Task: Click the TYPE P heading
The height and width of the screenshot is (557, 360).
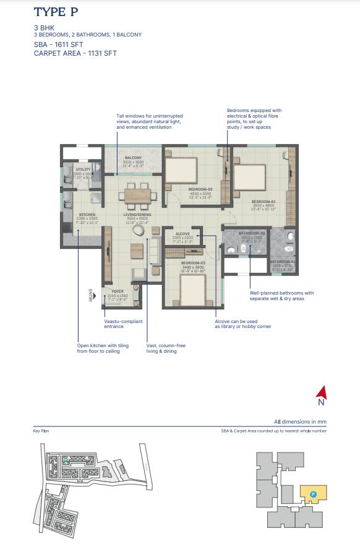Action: [56, 12]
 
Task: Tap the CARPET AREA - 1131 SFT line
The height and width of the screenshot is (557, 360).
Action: [75, 53]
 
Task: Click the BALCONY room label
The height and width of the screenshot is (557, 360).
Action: [134, 158]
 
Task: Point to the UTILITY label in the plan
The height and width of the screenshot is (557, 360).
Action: [84, 169]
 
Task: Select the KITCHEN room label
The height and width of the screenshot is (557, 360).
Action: [87, 215]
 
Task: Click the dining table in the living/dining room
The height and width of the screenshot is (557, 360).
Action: [137, 195]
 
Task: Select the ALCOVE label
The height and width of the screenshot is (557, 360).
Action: [182, 234]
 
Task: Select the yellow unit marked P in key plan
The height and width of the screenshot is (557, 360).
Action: [314, 493]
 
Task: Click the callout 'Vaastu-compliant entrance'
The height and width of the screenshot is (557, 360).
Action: [123, 324]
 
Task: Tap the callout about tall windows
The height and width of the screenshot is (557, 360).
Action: [150, 121]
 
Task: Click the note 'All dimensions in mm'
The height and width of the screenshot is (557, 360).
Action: [301, 421]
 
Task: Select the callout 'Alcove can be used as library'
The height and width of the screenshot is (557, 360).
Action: [242, 324]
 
